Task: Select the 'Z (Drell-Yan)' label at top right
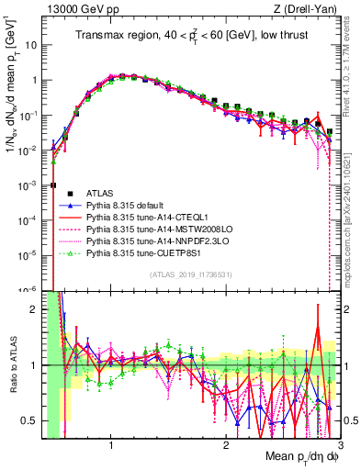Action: tap(310, 9)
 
